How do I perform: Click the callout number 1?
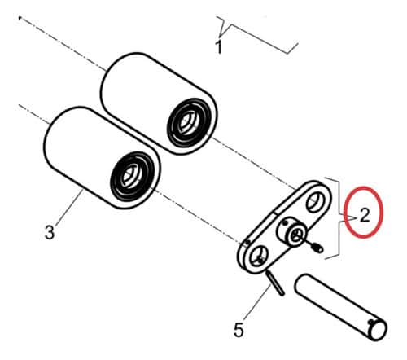[x=219, y=46]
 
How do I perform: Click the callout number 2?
[x=365, y=215]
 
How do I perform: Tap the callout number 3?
[x=50, y=232]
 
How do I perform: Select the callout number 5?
[x=239, y=330]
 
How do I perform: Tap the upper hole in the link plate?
[x=314, y=202]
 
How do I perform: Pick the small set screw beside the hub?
[x=318, y=248]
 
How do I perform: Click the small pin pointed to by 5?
[x=275, y=283]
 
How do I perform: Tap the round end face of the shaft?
[x=377, y=331]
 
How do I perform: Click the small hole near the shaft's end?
[x=371, y=322]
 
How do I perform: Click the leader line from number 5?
[x=257, y=302]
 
